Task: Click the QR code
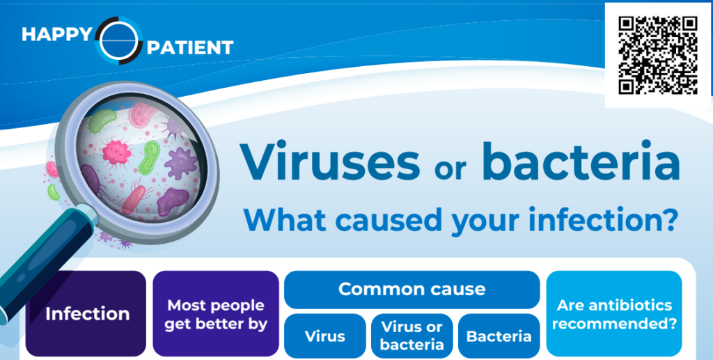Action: pyautogui.click(x=657, y=55)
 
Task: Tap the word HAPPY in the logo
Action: pyautogui.click(x=57, y=35)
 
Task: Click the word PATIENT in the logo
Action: pyautogui.click(x=190, y=47)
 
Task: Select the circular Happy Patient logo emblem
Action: pyautogui.click(x=118, y=40)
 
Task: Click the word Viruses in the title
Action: pyautogui.click(x=330, y=162)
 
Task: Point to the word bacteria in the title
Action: pyautogui.click(x=581, y=161)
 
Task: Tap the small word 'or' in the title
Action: pyautogui.click(x=450, y=169)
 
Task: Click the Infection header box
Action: pyautogui.click(x=86, y=313)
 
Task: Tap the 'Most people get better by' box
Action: pyautogui.click(x=216, y=313)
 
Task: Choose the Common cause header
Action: pyautogui.click(x=412, y=290)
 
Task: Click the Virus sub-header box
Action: pyautogui.click(x=325, y=336)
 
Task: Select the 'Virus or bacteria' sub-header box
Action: pyautogui.click(x=412, y=336)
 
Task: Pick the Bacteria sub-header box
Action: pyautogui.click(x=499, y=336)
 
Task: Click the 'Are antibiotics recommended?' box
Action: pyautogui.click(x=614, y=313)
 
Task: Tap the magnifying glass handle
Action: pyautogui.click(x=43, y=264)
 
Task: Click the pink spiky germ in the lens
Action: pyautogui.click(x=117, y=152)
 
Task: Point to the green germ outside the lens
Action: pyautogui.click(x=53, y=192)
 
